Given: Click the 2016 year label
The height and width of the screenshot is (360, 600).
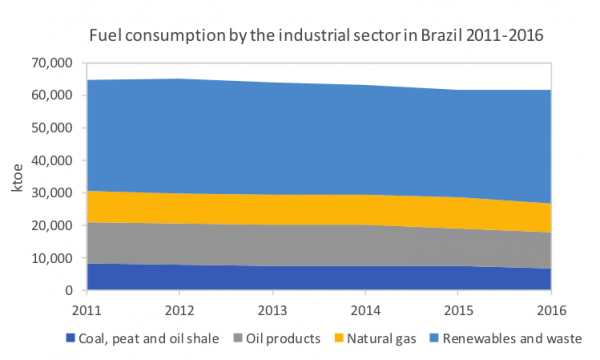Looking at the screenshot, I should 550,307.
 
